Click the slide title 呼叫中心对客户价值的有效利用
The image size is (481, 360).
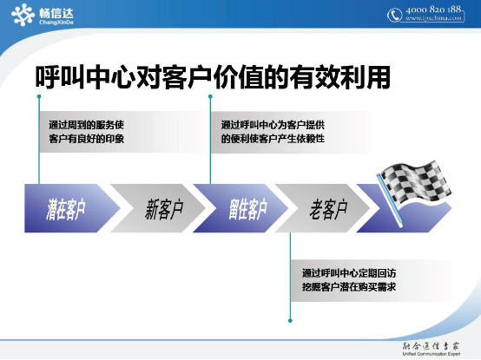[212, 77]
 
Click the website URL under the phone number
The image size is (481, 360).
[438, 20]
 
